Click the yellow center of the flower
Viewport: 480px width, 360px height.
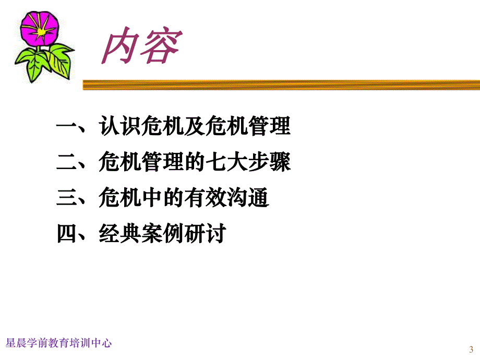pyautogui.click(x=41, y=31)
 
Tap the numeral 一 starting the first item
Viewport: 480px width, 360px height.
pyautogui.click(x=66, y=127)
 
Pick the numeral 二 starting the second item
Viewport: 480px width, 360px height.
pyautogui.click(x=66, y=163)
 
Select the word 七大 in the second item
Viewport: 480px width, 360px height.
pyautogui.click(x=226, y=163)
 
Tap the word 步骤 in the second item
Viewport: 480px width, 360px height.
pyautogui.click(x=270, y=163)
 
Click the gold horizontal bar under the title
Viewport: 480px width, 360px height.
pyautogui.click(x=282, y=85)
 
